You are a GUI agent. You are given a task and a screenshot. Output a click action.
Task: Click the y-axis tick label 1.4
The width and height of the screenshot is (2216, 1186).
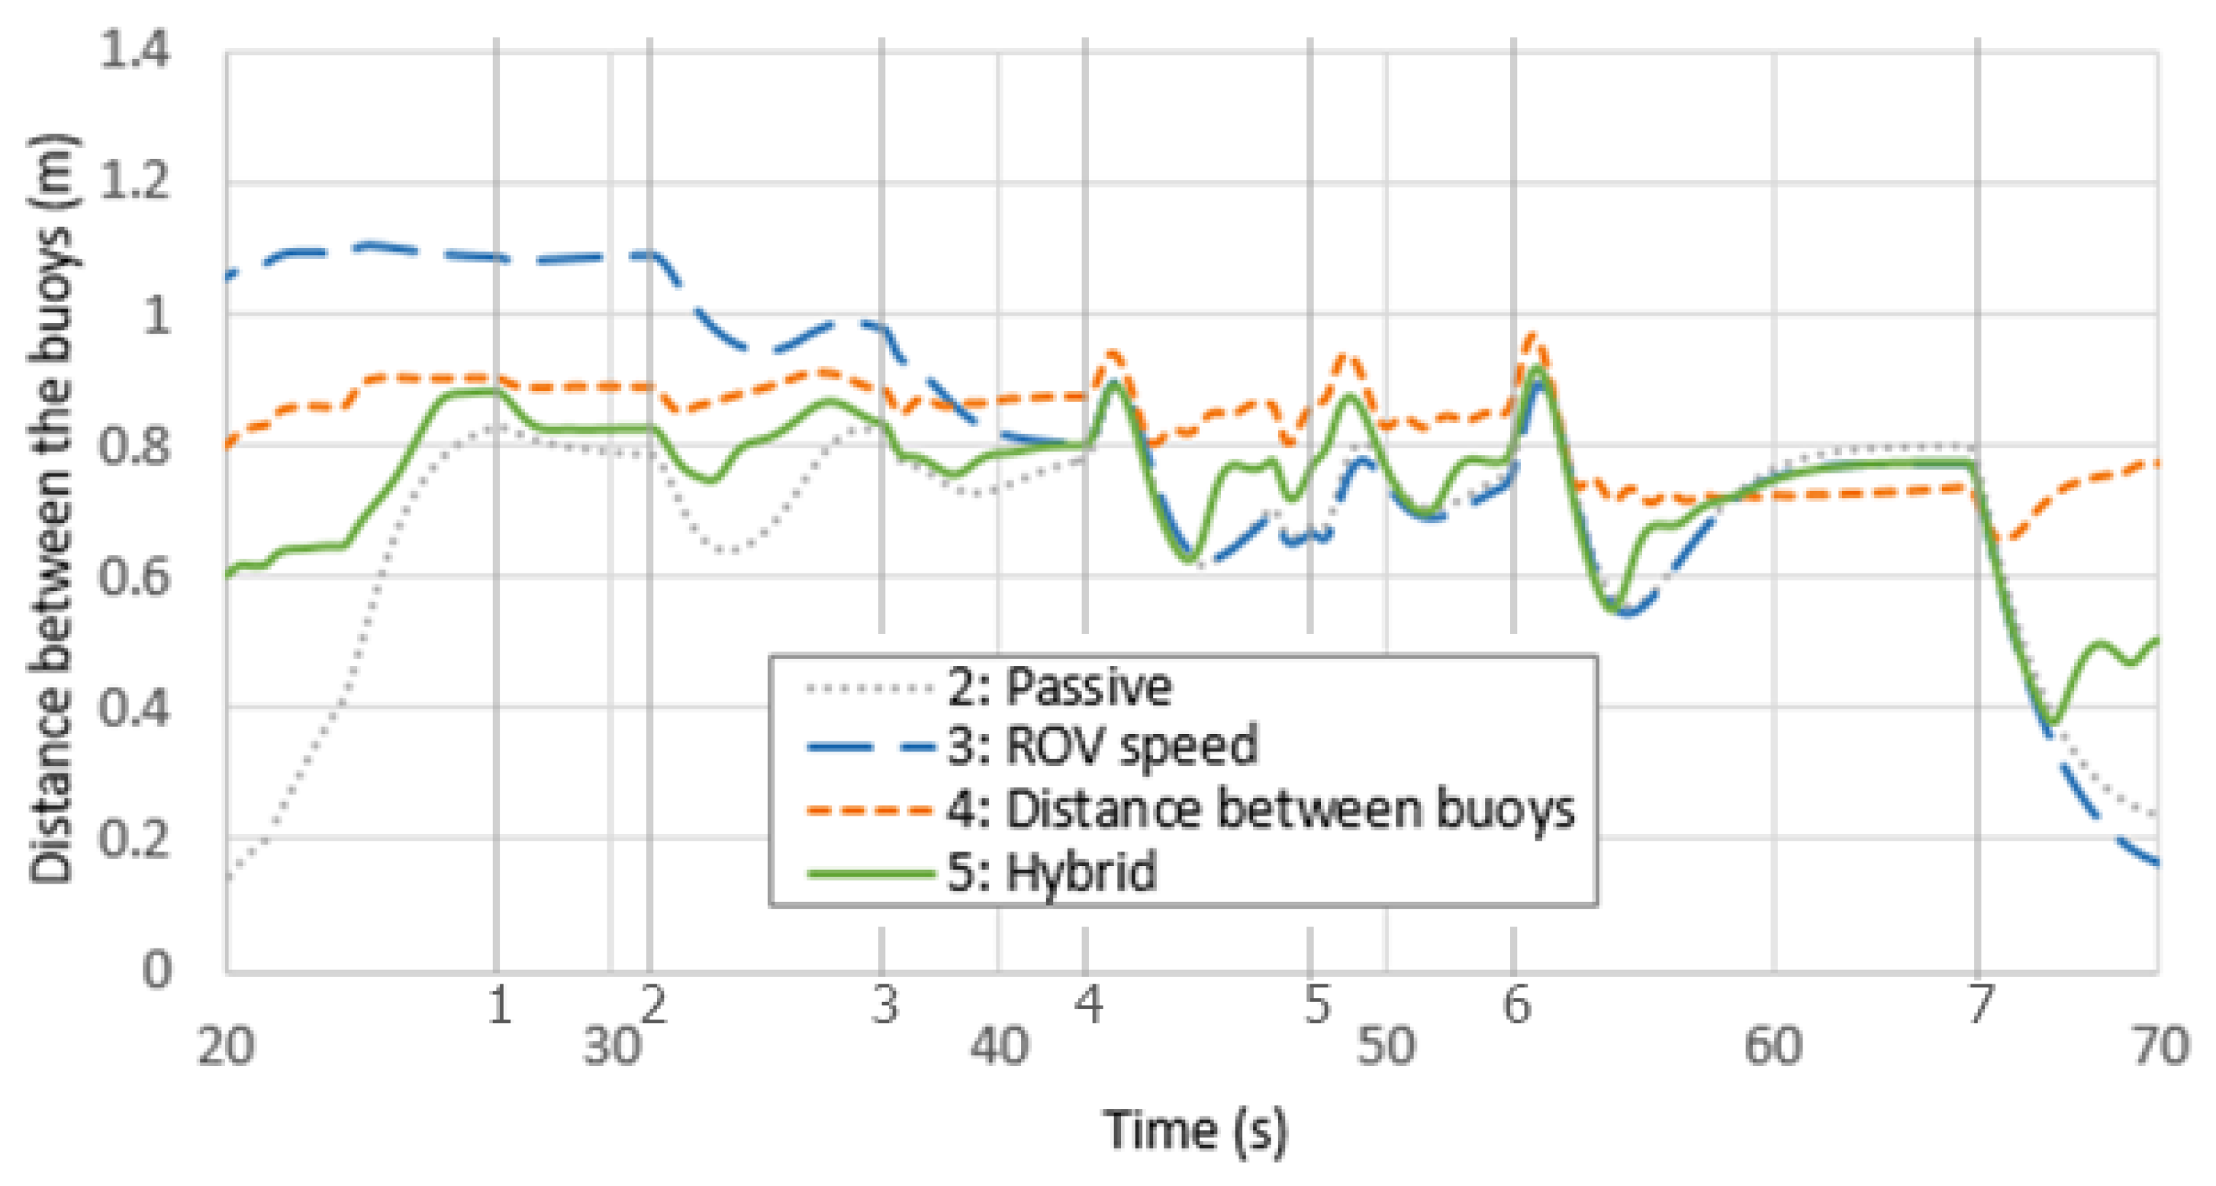pyautogui.click(x=135, y=49)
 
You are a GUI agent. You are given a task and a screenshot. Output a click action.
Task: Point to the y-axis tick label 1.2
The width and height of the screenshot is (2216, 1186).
pyautogui.click(x=135, y=182)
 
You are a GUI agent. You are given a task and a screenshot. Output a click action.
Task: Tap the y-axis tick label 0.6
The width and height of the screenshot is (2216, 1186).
pyautogui.click(x=135, y=576)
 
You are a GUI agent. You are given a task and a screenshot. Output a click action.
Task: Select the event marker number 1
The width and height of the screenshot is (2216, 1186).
pyautogui.click(x=499, y=1004)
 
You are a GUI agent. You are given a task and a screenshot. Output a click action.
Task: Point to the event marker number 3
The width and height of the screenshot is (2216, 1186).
pyautogui.click(x=884, y=1004)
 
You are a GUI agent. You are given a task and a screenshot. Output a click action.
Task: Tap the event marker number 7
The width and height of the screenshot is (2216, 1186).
pyautogui.click(x=1979, y=1004)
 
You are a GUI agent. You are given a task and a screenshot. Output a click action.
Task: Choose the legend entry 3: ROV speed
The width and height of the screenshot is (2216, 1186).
pyautogui.click(x=1102, y=745)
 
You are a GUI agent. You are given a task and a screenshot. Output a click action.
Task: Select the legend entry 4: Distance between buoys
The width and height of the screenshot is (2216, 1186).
pyautogui.click(x=1261, y=809)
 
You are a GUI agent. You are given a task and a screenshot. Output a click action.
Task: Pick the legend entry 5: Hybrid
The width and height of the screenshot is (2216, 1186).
pyautogui.click(x=1052, y=871)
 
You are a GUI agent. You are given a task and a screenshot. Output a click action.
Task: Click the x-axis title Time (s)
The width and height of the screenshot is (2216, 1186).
pyautogui.click(x=1196, y=1129)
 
